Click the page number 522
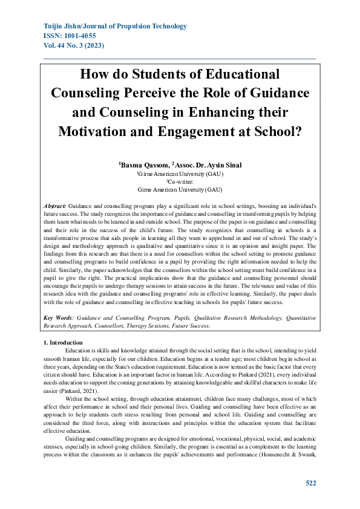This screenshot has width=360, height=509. click(310, 483)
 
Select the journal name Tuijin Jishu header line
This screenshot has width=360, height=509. click(116, 27)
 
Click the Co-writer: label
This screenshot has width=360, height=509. click(180, 181)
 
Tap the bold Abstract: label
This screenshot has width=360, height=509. click(57, 206)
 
